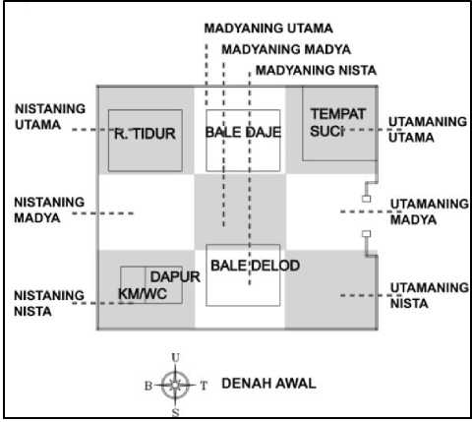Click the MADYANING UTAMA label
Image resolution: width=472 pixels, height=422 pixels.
pyautogui.click(x=268, y=29)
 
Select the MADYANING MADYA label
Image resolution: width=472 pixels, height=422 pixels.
pyautogui.click(x=286, y=49)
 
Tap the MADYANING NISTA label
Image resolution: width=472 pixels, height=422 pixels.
pyautogui.click(x=316, y=71)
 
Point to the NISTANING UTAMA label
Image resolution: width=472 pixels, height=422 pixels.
pyautogui.click(x=50, y=117)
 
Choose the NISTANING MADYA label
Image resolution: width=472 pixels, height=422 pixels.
pyautogui.click(x=49, y=210)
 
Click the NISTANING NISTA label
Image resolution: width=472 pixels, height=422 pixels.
pyautogui.click(x=49, y=303)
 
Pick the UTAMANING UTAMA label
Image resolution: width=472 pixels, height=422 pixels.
pyautogui.click(x=428, y=130)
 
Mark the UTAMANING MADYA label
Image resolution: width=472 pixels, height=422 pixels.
pyautogui.click(x=430, y=211)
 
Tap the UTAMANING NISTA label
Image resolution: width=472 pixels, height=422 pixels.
pyautogui.click(x=430, y=295)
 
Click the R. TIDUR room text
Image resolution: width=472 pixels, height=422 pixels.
pyautogui.click(x=145, y=134)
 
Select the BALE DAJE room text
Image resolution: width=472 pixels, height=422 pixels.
pyautogui.click(x=243, y=132)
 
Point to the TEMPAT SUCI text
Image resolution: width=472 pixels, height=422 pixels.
pyautogui.click(x=337, y=123)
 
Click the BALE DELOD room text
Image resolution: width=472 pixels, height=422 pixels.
pyautogui.click(x=255, y=266)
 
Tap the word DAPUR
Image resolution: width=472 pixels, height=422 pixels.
pyautogui.click(x=175, y=277)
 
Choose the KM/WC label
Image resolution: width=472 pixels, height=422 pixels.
pyautogui.click(x=143, y=294)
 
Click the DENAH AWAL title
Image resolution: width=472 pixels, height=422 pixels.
pyautogui.click(x=268, y=384)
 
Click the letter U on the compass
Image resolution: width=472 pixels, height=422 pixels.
pyautogui.click(x=176, y=358)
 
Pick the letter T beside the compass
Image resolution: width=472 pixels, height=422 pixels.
pyautogui.click(x=204, y=386)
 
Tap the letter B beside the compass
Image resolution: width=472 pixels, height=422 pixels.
pyautogui.click(x=148, y=386)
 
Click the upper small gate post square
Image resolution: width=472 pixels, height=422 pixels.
pyautogui.click(x=366, y=199)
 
